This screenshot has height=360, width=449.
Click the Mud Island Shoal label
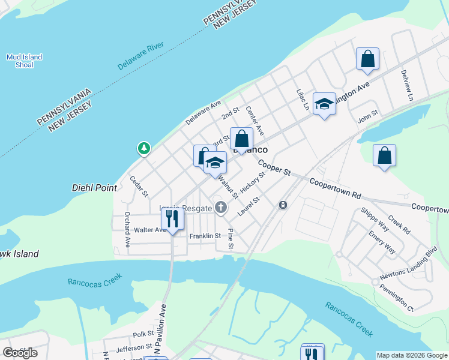(x=24, y=61)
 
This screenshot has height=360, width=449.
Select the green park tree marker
(x=144, y=148)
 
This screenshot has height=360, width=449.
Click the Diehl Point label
(x=94, y=188)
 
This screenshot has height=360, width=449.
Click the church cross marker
(x=221, y=208)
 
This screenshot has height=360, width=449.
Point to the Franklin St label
(x=205, y=236)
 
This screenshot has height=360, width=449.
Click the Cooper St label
(x=275, y=167)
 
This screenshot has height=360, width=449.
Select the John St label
(x=367, y=113)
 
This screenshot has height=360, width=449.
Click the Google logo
(x=20, y=352)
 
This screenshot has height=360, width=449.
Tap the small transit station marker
(x=283, y=205)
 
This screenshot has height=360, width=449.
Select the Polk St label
(x=143, y=334)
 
